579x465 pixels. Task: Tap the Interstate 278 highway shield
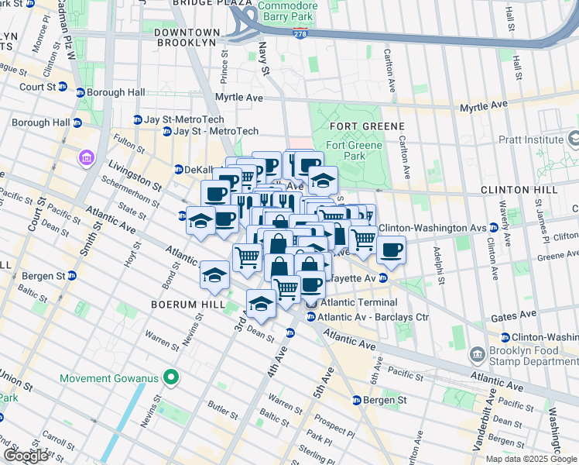click(x=300, y=33)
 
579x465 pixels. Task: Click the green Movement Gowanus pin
click(x=173, y=378)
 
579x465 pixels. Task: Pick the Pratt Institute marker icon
click(x=573, y=139)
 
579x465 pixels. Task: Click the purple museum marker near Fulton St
click(x=85, y=159)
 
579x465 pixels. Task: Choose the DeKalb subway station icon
click(x=177, y=170)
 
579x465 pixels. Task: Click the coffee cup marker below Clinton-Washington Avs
click(x=392, y=250)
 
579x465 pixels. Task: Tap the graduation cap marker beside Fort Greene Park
click(x=323, y=181)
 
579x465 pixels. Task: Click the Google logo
click(x=26, y=456)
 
